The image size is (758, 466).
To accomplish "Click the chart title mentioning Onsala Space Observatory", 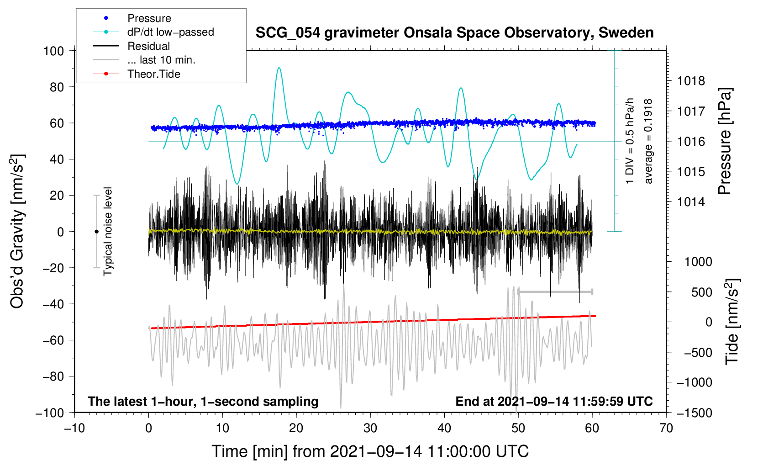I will (454, 33).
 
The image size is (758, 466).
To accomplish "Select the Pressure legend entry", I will (149, 18).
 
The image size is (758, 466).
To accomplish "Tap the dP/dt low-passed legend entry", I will (170, 32).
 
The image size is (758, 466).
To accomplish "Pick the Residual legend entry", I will (148, 46).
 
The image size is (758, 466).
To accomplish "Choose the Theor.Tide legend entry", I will (153, 74).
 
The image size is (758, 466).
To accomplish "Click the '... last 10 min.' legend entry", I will (161, 60).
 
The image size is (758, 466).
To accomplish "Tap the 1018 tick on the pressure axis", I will (691, 81).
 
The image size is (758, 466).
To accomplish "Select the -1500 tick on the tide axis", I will (694, 413).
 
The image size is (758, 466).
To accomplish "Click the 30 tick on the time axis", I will (370, 428).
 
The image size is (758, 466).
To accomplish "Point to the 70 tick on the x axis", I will (666, 428).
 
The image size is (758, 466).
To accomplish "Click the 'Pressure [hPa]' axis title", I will (725, 142).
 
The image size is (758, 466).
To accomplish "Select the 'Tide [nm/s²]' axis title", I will (732, 322).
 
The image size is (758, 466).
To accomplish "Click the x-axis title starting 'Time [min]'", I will (370, 451).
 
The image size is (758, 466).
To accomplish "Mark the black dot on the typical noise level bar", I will (96, 232).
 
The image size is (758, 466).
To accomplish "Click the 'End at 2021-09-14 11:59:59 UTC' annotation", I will (554, 401).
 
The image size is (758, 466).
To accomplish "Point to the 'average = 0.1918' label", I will (648, 142).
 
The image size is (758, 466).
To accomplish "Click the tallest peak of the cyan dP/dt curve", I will (279, 68).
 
